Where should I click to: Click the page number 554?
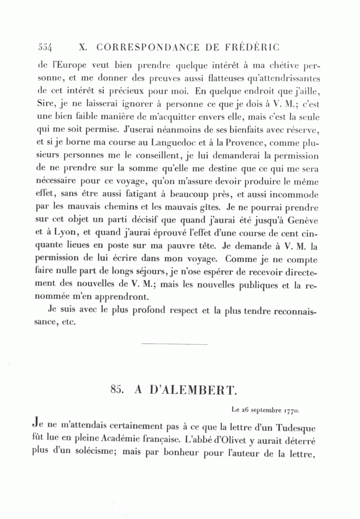coord(45,47)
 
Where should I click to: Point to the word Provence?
coord(247,142)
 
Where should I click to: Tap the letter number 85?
coord(116,390)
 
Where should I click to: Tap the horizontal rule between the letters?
coord(174,343)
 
